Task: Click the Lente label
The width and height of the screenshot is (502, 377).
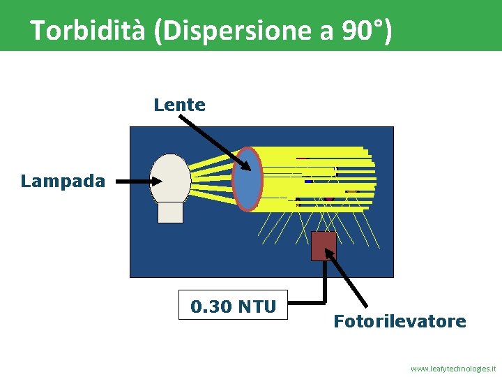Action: [x=180, y=105]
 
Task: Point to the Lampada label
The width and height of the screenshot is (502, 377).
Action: [x=63, y=182]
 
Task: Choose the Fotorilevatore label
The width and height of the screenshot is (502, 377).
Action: [x=400, y=322]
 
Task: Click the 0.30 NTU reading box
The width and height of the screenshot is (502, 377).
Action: [x=233, y=304]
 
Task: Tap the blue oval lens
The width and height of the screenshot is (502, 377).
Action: [x=248, y=179]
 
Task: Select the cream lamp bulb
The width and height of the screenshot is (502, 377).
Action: [x=171, y=178]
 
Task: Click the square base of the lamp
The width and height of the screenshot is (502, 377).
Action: [x=171, y=212]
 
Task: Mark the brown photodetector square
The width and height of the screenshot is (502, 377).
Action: [x=324, y=246]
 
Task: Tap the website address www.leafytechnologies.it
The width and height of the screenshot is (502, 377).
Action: [x=453, y=368]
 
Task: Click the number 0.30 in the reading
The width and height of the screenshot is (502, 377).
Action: [x=212, y=306]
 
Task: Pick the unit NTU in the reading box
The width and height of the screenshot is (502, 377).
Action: [x=256, y=306]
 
